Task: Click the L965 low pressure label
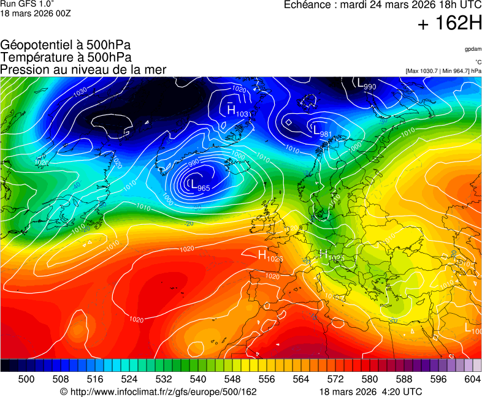pos(199,185)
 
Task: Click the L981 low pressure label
pos(322,132)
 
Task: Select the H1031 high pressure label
pos(238,112)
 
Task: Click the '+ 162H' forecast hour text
pos(449,24)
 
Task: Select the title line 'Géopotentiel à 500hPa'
pos(66,45)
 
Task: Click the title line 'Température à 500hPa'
pos(66,57)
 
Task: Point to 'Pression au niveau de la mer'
pos(83,69)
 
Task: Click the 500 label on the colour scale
pos(26,379)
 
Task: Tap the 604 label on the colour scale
pos(472,379)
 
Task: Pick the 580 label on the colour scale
pos(369,379)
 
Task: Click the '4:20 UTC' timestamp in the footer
pos(401,391)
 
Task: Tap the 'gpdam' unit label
pos(472,48)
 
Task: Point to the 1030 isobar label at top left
pos(80,93)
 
